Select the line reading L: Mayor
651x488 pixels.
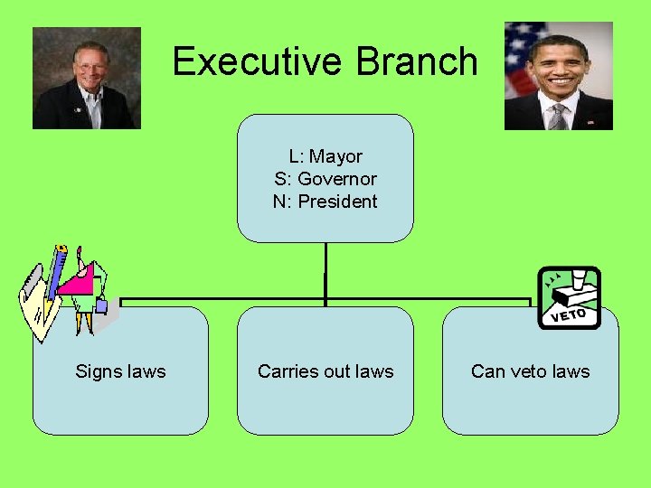(325, 156)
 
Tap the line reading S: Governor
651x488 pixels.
(325, 179)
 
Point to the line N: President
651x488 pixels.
(325, 202)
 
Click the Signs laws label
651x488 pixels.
(120, 371)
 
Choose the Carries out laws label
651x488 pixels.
(325, 371)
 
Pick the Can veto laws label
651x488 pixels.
(530, 371)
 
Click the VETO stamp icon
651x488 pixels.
(569, 297)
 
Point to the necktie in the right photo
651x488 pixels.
(559, 116)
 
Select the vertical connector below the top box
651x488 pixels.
(325, 271)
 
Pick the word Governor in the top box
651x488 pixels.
(337, 179)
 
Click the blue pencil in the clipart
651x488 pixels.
(56, 271)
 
